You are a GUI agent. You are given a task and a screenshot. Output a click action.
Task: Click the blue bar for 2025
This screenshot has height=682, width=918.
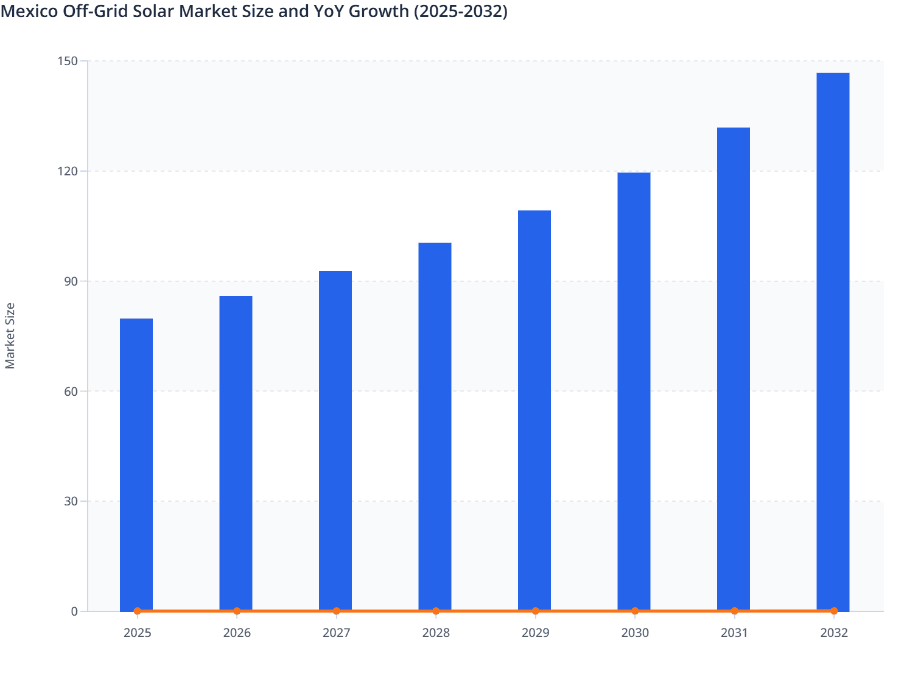136,464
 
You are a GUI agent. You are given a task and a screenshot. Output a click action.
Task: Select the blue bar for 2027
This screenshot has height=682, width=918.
335,440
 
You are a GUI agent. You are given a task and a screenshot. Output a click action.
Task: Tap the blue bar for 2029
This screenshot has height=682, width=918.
534,410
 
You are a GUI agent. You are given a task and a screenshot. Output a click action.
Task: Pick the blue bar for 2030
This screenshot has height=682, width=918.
634,391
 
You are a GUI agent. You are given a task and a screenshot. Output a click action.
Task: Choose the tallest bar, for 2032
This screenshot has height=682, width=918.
833,341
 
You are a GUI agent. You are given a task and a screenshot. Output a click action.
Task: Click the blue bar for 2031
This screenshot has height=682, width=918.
734,368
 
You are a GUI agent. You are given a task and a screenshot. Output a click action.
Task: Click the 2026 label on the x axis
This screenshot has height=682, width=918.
237,633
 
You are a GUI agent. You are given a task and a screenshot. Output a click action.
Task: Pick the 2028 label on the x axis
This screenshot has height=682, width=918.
436,633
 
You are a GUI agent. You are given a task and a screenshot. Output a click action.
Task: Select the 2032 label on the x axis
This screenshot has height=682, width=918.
834,633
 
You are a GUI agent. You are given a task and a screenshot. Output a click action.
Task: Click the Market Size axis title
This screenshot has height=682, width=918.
10,336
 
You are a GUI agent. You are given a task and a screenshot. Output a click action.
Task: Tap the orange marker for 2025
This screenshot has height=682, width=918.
138,611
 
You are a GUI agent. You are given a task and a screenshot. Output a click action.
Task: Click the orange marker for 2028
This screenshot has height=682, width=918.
436,611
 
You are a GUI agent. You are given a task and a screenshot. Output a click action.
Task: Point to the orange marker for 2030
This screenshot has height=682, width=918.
635,611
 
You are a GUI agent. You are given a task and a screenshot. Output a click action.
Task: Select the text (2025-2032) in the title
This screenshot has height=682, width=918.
460,11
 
